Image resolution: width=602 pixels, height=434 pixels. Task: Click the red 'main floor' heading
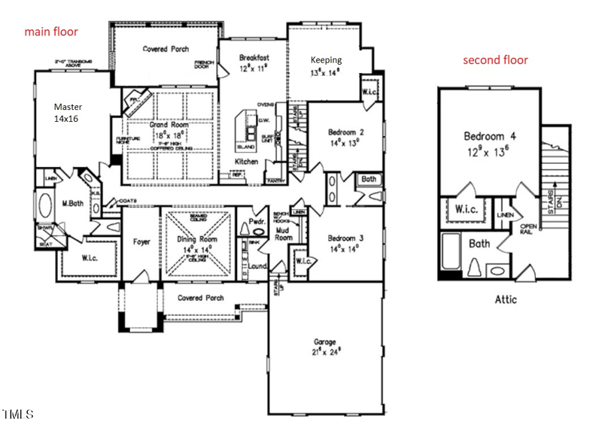pos(51,32)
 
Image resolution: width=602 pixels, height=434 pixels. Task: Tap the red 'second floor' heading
pos(495,60)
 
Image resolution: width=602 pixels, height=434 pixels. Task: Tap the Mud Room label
pos(284,233)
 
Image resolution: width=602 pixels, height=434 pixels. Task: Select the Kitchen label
pos(248,162)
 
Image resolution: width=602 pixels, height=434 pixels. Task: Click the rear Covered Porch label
pos(166,49)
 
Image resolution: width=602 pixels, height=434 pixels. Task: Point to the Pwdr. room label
pos(256,222)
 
